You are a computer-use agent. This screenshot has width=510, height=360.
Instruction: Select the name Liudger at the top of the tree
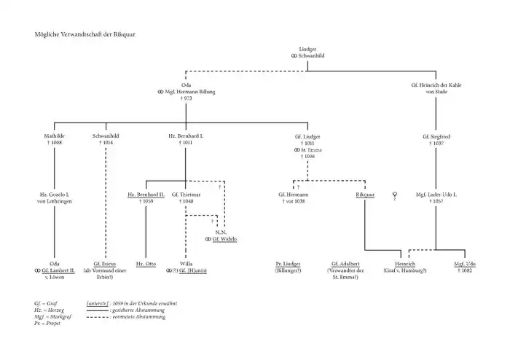[307, 49]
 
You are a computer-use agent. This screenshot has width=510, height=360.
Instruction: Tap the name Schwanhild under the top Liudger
[310, 55]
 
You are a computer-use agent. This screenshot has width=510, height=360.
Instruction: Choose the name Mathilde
[55, 136]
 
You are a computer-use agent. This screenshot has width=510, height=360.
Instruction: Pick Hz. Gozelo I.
[55, 195]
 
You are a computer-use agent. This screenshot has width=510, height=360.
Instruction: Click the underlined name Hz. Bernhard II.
[146, 195]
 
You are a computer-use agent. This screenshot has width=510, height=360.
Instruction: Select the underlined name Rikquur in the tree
[365, 195]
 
